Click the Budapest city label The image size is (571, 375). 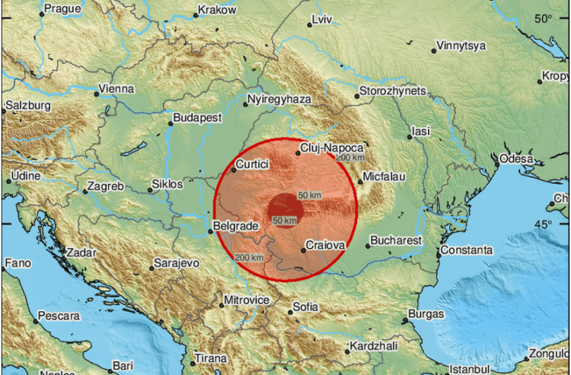point(197,118)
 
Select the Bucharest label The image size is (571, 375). point(395,240)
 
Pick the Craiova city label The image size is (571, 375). point(326,246)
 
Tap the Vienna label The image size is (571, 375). point(117,89)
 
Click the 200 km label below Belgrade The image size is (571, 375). point(250,257)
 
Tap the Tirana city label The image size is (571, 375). point(209,358)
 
